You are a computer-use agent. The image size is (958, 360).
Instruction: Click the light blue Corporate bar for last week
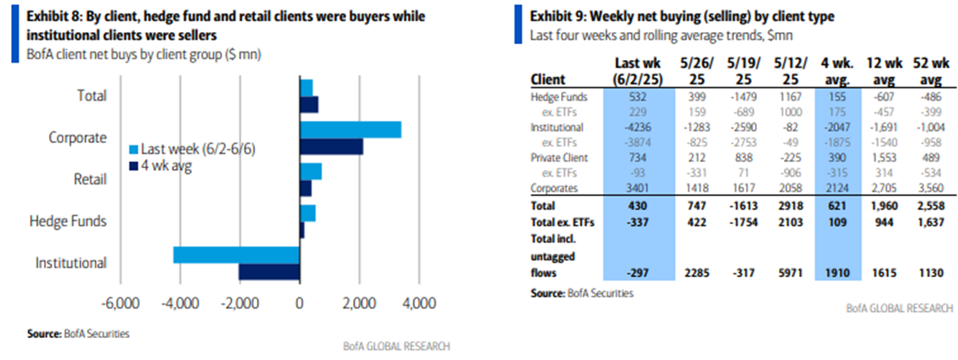pos(351,129)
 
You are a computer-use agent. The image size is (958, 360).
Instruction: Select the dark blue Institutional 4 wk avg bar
pos(269,271)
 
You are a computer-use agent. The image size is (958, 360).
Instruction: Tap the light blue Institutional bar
pos(237,254)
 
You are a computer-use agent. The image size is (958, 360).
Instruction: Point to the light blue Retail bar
pos(311,172)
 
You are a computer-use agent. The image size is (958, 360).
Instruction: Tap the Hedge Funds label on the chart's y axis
pos(68,221)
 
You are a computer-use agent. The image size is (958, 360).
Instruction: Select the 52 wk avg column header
pos(928,72)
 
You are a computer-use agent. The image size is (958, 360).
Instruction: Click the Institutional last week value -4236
pos(638,128)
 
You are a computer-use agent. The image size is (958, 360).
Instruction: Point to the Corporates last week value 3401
pos(638,188)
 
